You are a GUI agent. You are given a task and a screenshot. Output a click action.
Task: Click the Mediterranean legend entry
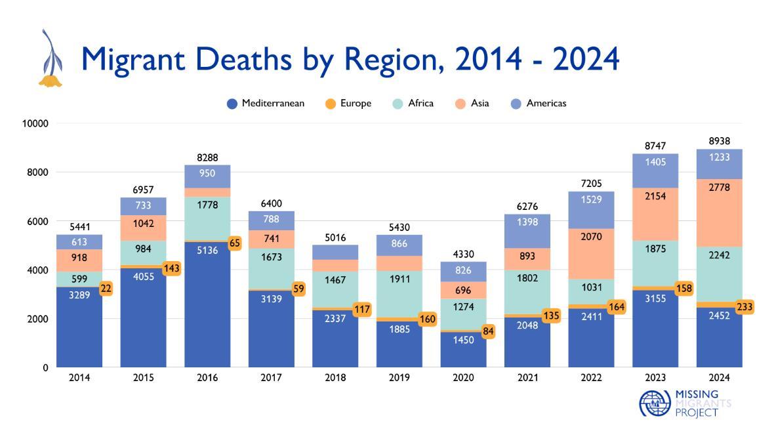click(266, 104)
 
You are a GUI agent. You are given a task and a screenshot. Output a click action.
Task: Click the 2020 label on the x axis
click(463, 378)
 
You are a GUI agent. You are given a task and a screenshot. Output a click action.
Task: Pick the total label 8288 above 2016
click(207, 157)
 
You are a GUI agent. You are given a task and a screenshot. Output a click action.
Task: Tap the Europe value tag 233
click(744, 306)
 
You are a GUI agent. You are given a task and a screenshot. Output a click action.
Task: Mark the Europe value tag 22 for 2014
click(106, 289)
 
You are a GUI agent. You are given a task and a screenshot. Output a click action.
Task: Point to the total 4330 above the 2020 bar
click(463, 255)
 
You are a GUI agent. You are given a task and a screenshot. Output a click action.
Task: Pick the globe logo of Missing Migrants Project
click(655, 403)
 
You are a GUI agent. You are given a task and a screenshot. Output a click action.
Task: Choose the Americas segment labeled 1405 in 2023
click(655, 171)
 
